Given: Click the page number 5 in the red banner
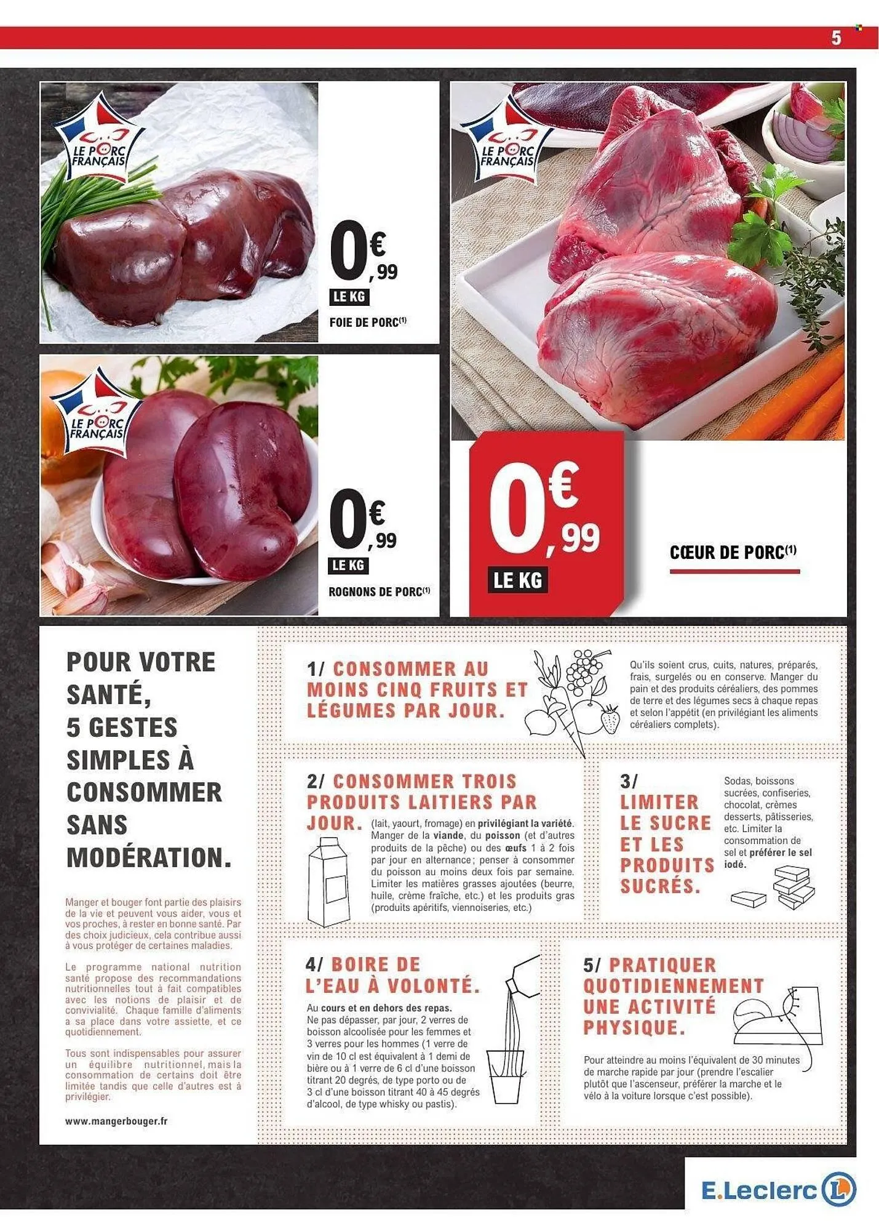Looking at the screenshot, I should click(836, 38).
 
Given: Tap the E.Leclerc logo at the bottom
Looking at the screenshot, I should click(778, 1191).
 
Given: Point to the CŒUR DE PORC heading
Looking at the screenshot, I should click(733, 552).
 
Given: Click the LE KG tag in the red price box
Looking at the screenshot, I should click(519, 580).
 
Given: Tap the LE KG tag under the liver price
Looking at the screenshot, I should click(349, 297).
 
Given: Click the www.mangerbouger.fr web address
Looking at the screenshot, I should click(116, 1121).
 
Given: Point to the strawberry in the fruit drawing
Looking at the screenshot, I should click(611, 720).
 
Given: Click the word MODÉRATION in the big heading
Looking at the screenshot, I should click(149, 857).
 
